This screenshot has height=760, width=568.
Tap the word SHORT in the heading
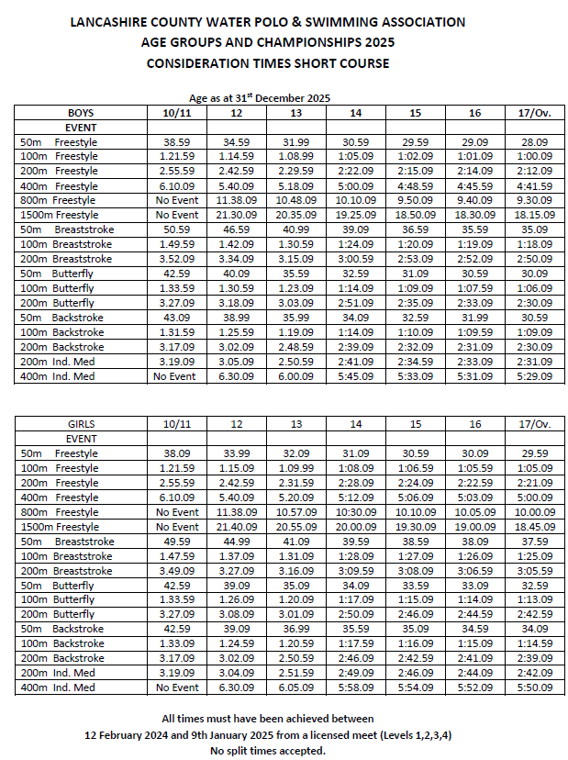[313, 63]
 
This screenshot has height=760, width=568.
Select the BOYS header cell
[81, 113]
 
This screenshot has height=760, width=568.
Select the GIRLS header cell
[83, 424]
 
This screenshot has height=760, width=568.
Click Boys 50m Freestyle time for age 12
[237, 142]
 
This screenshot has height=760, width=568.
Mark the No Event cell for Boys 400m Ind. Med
[177, 376]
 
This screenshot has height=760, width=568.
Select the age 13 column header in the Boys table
[296, 113]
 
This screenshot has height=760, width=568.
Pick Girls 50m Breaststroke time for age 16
[474, 542]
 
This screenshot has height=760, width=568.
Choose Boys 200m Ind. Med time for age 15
[415, 362]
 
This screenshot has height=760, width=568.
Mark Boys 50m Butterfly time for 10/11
[177, 274]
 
